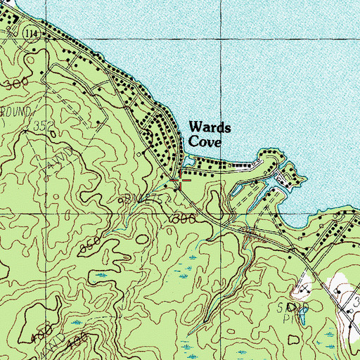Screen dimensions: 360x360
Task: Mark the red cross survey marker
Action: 181,181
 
